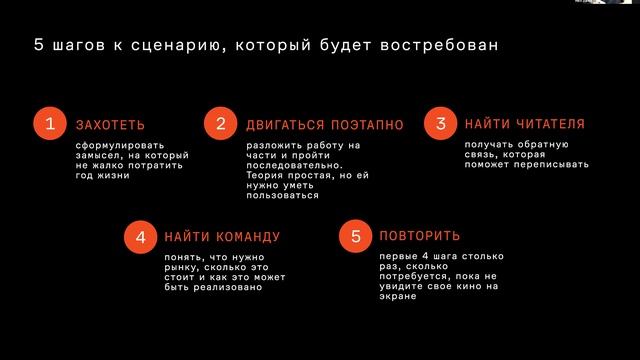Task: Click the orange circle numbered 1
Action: click(x=48, y=124)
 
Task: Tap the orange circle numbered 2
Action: click(x=219, y=124)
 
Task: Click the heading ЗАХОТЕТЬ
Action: click(x=110, y=125)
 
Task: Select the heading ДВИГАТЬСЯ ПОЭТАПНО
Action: click(x=325, y=125)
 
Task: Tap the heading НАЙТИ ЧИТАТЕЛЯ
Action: click(x=525, y=124)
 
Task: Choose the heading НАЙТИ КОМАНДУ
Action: click(x=222, y=237)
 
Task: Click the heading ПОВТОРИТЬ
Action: click(x=420, y=237)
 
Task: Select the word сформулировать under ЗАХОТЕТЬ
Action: click(x=118, y=146)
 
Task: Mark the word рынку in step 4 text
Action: click(x=181, y=267)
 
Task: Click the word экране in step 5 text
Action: click(x=397, y=297)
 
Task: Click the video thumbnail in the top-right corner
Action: click(x=604, y=3)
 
